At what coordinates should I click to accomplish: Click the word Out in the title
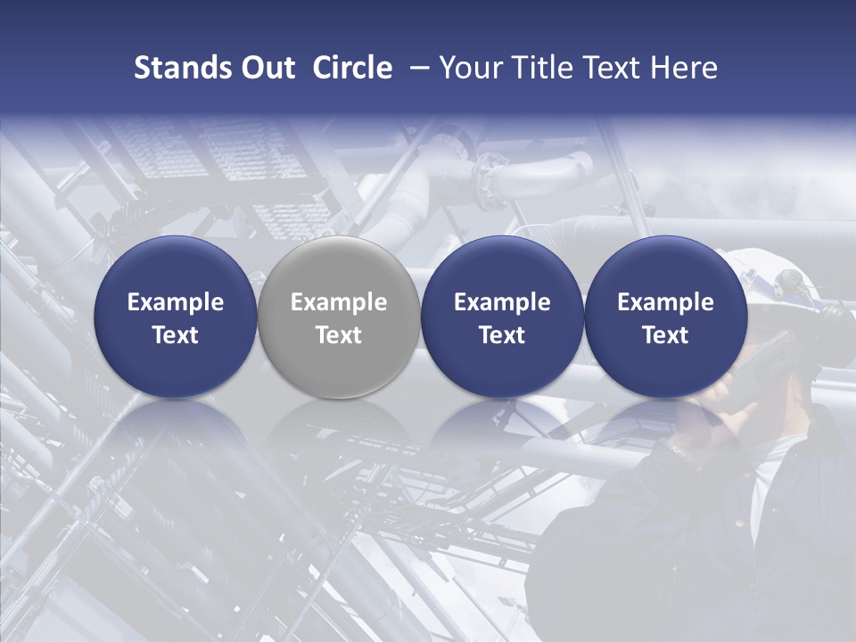tap(266, 68)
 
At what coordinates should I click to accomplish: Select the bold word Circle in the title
tap(352, 68)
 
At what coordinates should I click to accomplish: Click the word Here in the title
tap(684, 68)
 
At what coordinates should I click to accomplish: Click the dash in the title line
tap(417, 68)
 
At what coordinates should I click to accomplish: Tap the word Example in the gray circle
tap(339, 302)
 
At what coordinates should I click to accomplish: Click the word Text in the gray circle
tap(339, 335)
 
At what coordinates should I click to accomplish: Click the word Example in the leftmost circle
tap(176, 302)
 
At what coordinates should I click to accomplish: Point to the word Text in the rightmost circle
tap(665, 335)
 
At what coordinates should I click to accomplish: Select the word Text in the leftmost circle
tap(176, 335)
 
